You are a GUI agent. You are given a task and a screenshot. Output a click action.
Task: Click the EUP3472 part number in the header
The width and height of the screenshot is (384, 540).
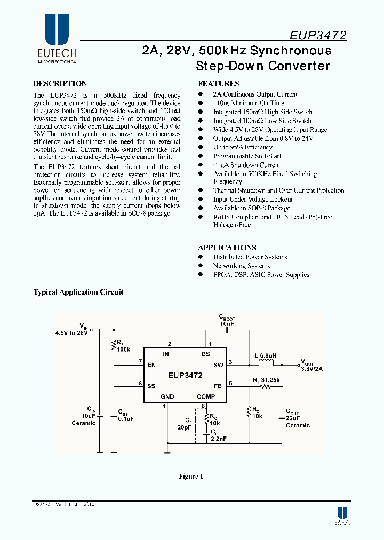point(318,36)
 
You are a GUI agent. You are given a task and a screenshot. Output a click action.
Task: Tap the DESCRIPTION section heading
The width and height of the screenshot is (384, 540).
point(60,84)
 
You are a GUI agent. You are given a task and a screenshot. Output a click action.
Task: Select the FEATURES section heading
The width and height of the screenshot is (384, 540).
point(218,84)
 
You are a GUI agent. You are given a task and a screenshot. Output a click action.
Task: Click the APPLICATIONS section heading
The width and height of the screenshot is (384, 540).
point(227,248)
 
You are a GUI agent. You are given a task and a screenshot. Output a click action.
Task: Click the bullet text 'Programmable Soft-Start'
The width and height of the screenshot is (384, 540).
point(246,156)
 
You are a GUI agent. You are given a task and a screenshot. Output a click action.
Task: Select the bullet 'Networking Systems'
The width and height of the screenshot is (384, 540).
point(241,266)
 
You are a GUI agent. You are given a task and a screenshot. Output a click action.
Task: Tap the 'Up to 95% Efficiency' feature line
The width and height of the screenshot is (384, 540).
point(243,147)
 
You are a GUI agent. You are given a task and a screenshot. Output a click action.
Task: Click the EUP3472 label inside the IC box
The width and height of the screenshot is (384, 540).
point(185,376)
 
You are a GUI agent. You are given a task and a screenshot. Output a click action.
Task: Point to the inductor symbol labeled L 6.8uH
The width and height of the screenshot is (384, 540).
point(265,363)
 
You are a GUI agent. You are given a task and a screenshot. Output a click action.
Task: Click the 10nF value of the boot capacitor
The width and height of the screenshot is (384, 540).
point(227,324)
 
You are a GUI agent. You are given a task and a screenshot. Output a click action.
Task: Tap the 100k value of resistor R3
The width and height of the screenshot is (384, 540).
point(124,349)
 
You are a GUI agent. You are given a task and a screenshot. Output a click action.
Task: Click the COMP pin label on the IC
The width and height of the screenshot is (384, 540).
point(206,397)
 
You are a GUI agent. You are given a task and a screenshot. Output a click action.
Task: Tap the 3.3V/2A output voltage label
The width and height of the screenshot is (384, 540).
point(311,368)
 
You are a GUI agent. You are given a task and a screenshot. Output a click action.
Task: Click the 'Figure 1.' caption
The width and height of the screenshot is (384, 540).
point(192,476)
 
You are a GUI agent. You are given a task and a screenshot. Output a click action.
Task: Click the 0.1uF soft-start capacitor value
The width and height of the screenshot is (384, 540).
point(126,419)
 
